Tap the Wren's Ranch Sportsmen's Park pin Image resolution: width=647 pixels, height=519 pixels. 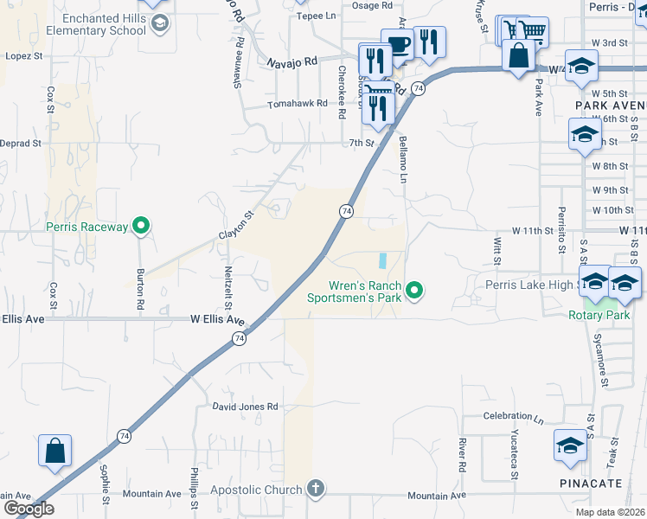coord(414,290)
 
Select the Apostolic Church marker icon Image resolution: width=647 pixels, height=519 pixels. coord(315,490)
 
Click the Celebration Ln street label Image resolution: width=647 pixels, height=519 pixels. coord(513,416)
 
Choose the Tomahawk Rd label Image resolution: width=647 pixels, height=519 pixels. coord(298,103)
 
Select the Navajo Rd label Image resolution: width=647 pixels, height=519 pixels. coord(292,62)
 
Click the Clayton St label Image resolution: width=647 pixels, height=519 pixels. coord(236,224)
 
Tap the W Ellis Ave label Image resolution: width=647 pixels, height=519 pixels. coord(217,319)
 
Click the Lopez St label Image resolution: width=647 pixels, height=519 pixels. coord(24,56)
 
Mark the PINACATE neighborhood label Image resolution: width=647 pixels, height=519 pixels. coord(585,482)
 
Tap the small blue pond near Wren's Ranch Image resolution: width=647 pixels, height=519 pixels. coord(382,259)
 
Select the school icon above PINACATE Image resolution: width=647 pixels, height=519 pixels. coord(571,445)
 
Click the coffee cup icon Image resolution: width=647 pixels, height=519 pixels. coord(397,46)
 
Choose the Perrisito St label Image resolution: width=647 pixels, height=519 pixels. coord(562,222)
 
